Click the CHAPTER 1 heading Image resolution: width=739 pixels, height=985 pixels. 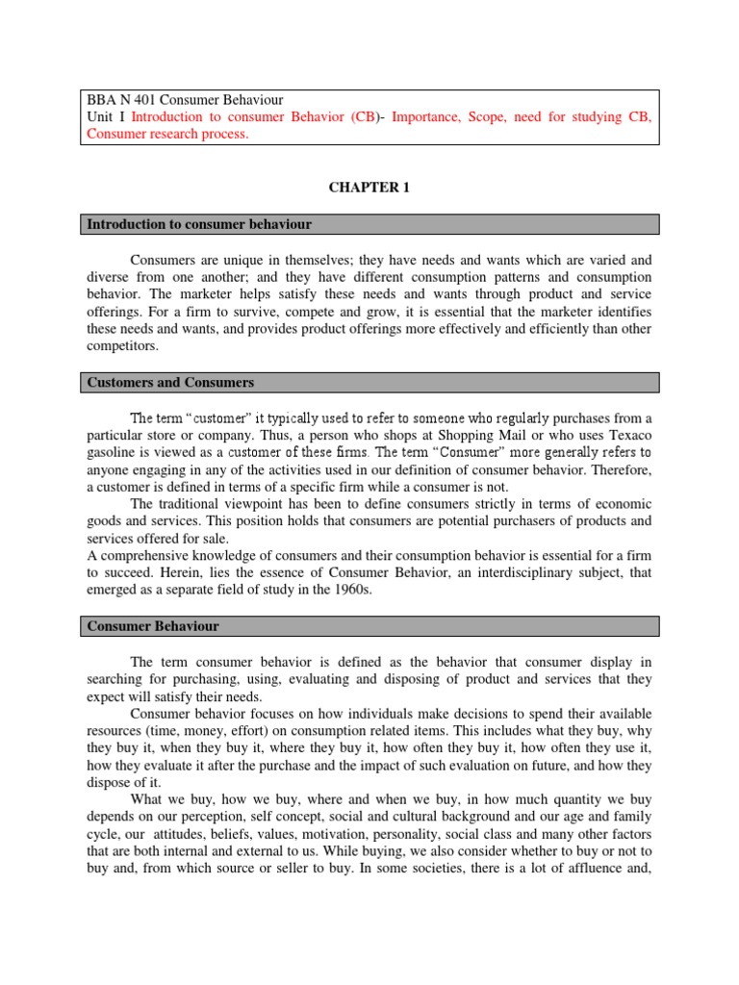pos(369,188)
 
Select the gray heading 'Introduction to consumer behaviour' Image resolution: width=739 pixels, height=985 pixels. pos(199,224)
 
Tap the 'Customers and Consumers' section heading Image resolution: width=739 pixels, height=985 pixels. pos(170,383)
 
